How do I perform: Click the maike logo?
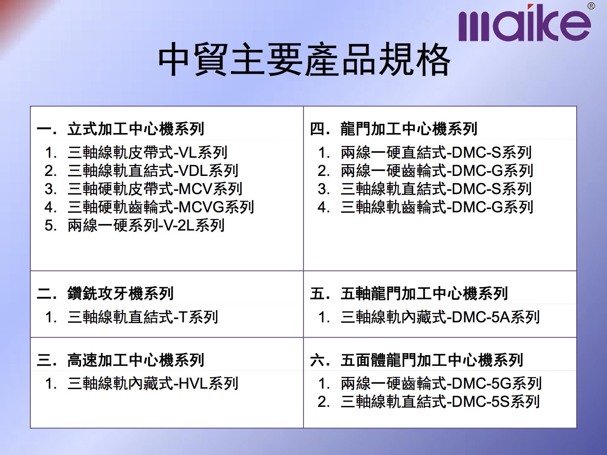coord(524,23)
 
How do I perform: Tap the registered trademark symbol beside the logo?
coord(591,6)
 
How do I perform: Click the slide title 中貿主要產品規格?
coord(304,59)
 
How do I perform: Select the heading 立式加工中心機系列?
coord(136,129)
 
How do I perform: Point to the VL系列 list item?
coord(147,152)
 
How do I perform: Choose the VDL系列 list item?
coord(153,171)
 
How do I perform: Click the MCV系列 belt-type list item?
coord(155,189)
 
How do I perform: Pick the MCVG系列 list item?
coord(160,207)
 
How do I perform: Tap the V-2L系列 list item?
coord(146,225)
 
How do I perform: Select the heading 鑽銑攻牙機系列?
coord(120,293)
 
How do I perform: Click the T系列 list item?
coord(143,317)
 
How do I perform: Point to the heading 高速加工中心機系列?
coord(136,360)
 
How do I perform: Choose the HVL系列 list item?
coord(153,383)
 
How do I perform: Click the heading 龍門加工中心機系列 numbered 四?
coord(409,129)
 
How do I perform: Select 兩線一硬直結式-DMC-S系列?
coord(436,152)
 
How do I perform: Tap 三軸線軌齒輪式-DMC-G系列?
coord(437,207)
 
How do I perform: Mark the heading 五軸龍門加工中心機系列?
coord(424,293)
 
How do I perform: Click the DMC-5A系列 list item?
coord(440,317)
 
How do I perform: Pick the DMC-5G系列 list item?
coord(441,383)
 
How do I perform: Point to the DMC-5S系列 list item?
coord(440,402)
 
